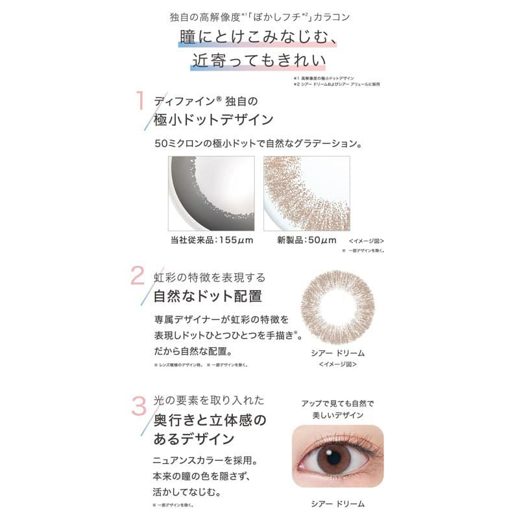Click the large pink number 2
click(x=138, y=276)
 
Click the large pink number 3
click(x=139, y=406)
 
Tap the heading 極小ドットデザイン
click(x=213, y=121)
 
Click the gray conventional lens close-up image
click(x=211, y=193)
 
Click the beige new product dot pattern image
click(x=306, y=193)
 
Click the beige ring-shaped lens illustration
click(x=341, y=306)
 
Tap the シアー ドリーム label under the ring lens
click(x=341, y=354)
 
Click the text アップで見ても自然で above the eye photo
click(x=337, y=404)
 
